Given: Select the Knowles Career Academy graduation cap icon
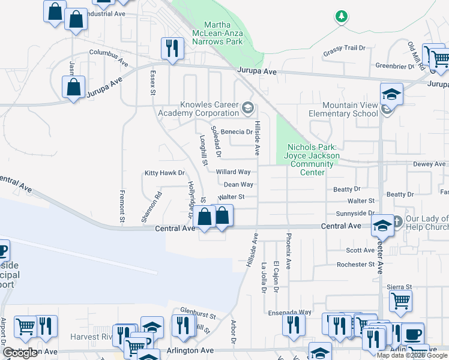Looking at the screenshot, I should pyautogui.click(x=247, y=109).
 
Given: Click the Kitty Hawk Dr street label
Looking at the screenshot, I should pyautogui.click(x=164, y=173).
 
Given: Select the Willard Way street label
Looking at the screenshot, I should pyautogui.click(x=233, y=172).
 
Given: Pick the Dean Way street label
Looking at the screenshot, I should pyautogui.click(x=238, y=185).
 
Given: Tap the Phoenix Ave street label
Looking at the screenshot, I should pyautogui.click(x=289, y=251).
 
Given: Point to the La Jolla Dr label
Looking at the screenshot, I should pyautogui.click(x=264, y=277).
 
